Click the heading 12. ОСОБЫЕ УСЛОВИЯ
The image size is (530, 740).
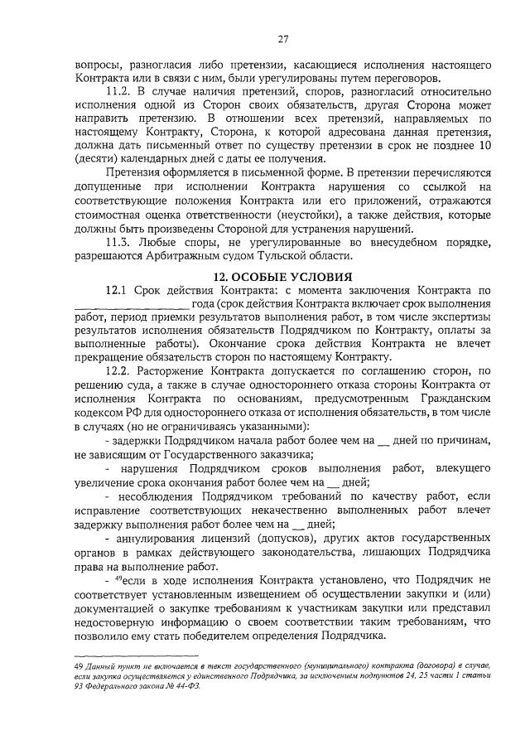click(x=282, y=276)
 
